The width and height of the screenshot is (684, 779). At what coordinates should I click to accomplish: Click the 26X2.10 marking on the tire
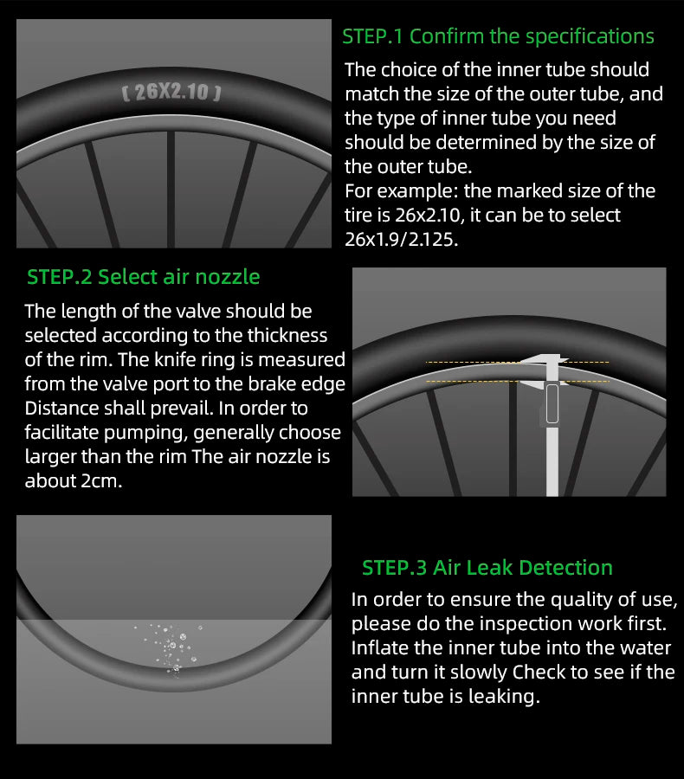pyautogui.click(x=171, y=92)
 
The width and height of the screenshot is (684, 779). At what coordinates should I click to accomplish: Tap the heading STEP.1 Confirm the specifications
pyautogui.click(x=498, y=36)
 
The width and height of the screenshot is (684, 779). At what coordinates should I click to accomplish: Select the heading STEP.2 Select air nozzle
pyautogui.click(x=143, y=277)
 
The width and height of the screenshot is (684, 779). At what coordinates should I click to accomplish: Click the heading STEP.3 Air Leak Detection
pyautogui.click(x=487, y=567)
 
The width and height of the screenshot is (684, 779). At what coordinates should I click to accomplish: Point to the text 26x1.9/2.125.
pyautogui.click(x=401, y=240)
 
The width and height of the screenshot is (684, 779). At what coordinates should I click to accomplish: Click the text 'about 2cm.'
pyautogui.click(x=73, y=481)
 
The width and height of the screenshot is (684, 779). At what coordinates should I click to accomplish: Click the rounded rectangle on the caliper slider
pyautogui.click(x=552, y=403)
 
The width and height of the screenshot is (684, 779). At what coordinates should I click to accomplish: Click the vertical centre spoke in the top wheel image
pyautogui.click(x=171, y=189)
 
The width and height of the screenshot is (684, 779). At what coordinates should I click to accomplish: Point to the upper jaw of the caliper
pyautogui.click(x=545, y=360)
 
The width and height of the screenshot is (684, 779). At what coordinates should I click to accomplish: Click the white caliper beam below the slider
pyautogui.click(x=552, y=460)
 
